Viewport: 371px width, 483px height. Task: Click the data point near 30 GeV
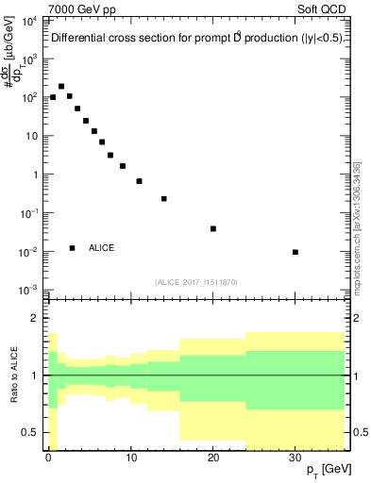(295, 252)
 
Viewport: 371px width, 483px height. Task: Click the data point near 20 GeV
(213, 228)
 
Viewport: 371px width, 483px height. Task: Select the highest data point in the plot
(61, 86)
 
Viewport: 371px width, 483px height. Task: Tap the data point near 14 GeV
(164, 199)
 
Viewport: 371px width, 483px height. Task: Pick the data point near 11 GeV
(139, 181)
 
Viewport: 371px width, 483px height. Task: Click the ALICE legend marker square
(72, 248)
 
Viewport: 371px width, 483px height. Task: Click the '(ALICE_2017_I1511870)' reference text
(194, 282)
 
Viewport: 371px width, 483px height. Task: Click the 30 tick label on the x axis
(295, 457)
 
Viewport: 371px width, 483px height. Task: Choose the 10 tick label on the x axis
(130, 457)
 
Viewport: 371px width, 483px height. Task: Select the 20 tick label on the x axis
(213, 457)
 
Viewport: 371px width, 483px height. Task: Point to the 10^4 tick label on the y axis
(29, 20)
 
